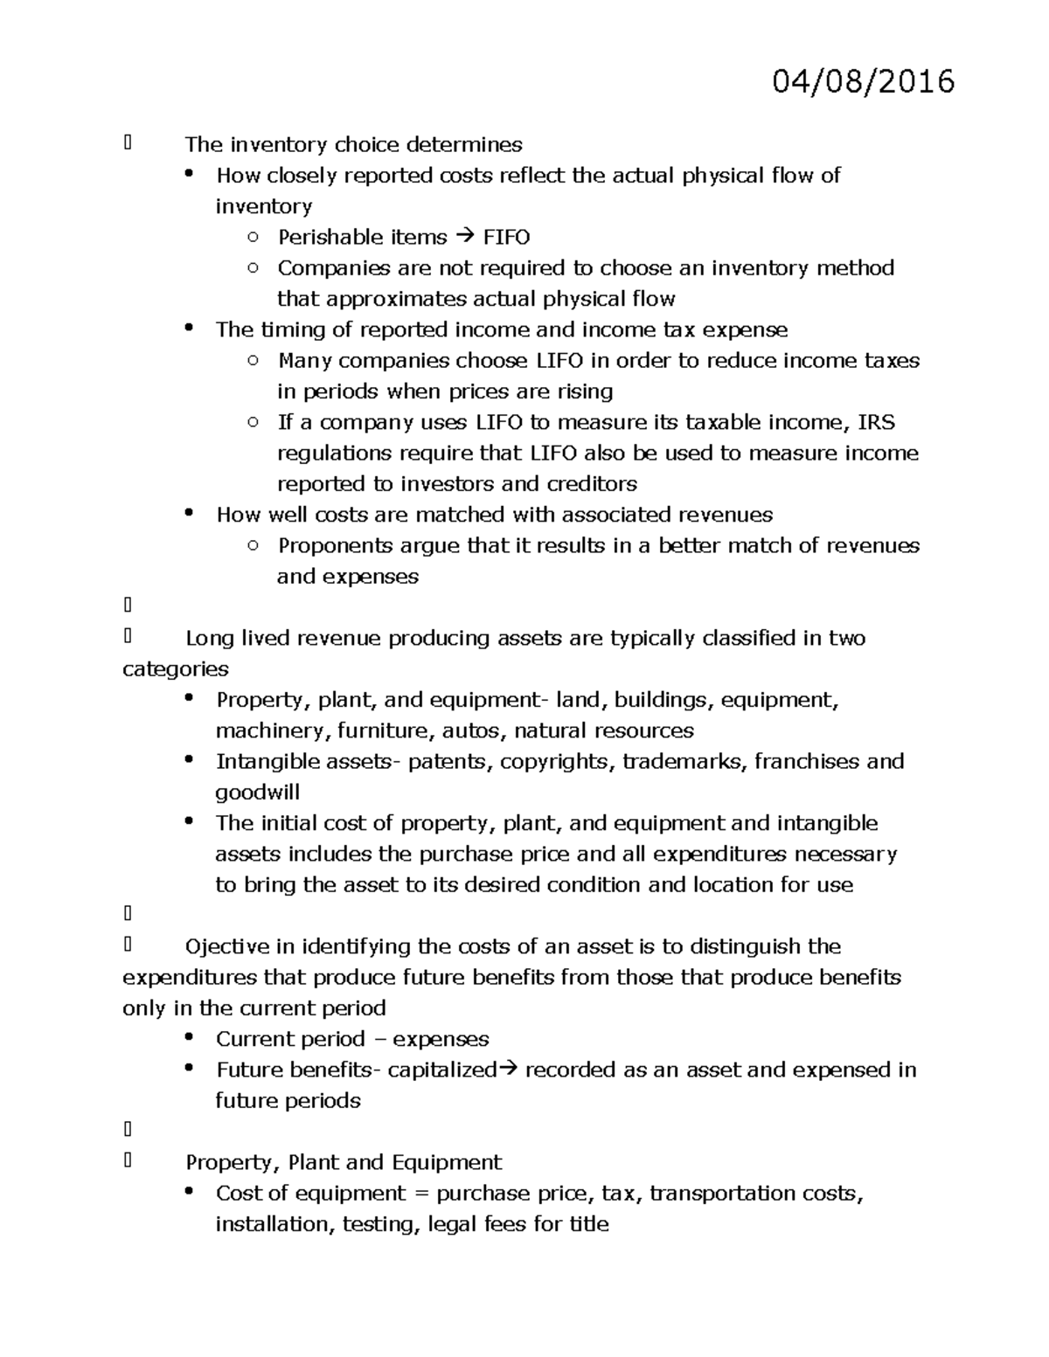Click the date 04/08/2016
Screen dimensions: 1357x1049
tap(863, 81)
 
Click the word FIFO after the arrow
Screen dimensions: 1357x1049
tap(506, 238)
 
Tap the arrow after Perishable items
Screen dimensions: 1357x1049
tap(463, 238)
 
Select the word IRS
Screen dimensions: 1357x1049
tap(876, 422)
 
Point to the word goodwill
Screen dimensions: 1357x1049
tap(258, 793)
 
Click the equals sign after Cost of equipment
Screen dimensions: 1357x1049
tap(421, 1194)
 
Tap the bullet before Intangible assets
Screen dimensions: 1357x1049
tap(189, 759)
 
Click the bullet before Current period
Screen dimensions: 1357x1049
tap(189, 1037)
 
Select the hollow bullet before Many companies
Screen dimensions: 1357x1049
tap(253, 360)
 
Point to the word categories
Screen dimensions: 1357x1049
tap(175, 669)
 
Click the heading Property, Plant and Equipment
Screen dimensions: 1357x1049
tap(344, 1162)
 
